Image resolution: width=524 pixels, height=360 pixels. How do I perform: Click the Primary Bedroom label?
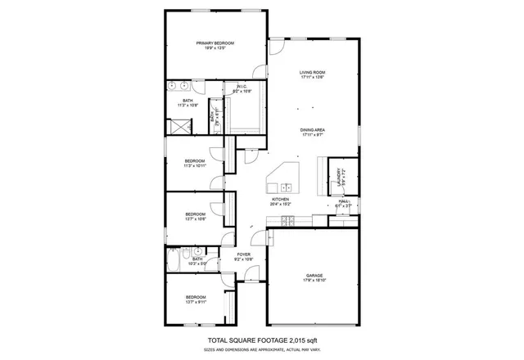click(215, 43)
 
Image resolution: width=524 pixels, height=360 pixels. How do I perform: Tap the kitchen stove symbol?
click(288, 221)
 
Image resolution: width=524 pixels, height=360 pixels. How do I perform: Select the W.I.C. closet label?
click(242, 86)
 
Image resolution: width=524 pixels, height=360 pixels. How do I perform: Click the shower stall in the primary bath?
click(178, 126)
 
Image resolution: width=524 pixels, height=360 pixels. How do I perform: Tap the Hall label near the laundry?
click(344, 201)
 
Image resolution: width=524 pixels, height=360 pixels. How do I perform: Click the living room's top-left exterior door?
click(278, 46)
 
